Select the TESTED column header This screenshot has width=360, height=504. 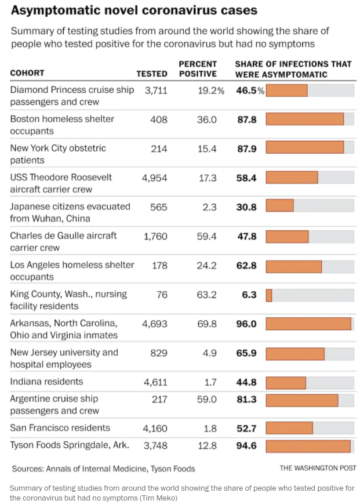tap(152, 74)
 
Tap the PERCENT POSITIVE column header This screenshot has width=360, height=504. tap(198, 69)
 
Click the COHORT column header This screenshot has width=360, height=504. tap(27, 73)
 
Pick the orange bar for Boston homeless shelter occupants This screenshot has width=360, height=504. tap(304, 119)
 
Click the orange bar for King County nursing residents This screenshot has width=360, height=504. tap(269, 295)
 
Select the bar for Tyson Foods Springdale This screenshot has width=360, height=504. tap(308, 445)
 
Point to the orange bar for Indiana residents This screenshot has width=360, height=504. tap(286, 382)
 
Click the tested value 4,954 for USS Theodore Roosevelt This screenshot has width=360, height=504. tap(154, 178)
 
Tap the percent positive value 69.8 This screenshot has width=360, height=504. tap(207, 324)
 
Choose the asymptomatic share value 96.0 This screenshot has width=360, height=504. tap(246, 324)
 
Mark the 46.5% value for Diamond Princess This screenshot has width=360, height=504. tap(250, 90)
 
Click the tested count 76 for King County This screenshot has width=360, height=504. tap(162, 295)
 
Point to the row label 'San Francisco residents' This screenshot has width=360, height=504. tap(60, 428)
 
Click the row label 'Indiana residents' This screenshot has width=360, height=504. tap(46, 382)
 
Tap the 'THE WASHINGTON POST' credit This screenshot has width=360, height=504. tap(318, 468)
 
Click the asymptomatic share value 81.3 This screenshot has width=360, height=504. tap(246, 400)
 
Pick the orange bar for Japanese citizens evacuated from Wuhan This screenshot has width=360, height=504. tap(280, 206)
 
